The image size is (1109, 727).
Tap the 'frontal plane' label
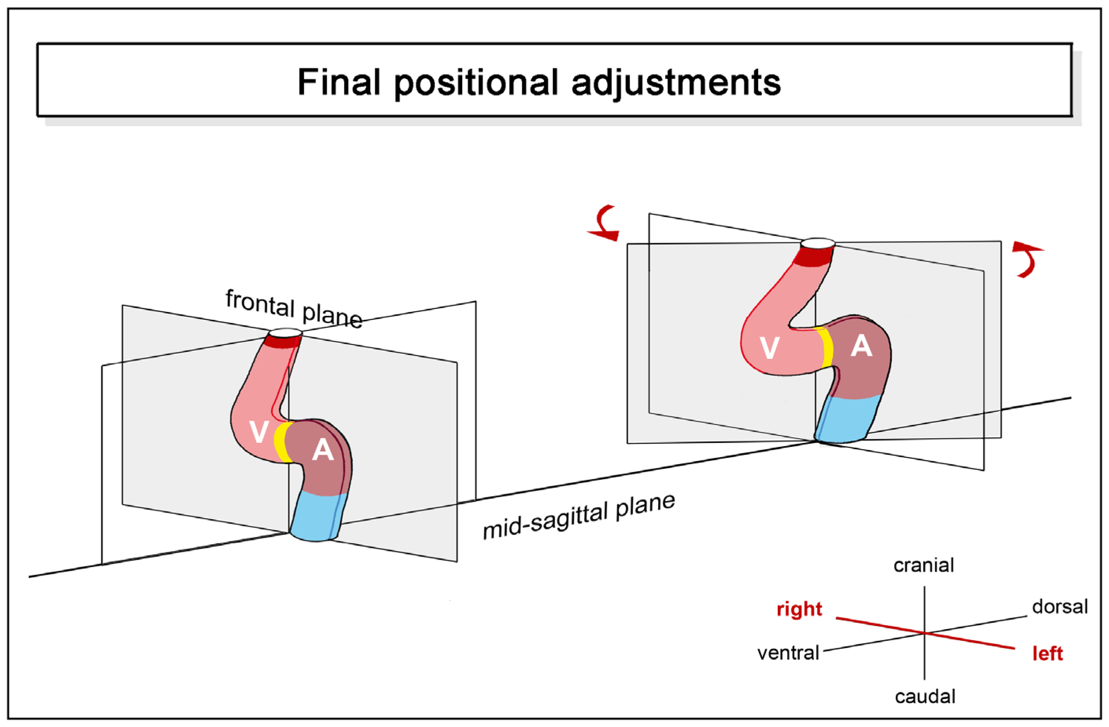coord(293,308)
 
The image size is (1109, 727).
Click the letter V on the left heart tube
coord(258,432)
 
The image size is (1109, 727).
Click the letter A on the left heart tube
coord(323,451)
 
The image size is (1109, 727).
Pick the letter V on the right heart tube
coord(769,348)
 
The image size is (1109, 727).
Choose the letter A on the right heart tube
coord(861,347)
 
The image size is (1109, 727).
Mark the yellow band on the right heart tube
coord(826,348)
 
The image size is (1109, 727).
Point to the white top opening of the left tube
coord(286,332)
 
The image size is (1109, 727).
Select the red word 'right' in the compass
coord(799,609)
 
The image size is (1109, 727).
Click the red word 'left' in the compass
coord(1048,653)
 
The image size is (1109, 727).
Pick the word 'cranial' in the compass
coord(924,565)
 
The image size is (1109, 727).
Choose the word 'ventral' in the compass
coord(788,653)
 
